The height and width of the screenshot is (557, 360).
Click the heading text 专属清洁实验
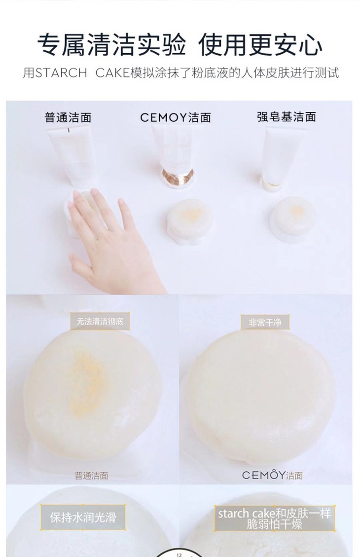[112, 45]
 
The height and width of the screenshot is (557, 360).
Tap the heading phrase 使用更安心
[260, 45]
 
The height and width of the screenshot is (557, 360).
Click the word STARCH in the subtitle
[61, 73]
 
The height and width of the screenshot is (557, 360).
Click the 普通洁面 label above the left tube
[68, 117]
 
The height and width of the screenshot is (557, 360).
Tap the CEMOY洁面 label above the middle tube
[176, 117]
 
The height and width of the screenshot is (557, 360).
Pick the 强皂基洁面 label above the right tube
[287, 116]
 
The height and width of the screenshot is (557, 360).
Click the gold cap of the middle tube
[178, 176]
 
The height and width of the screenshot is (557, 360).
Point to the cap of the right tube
[272, 182]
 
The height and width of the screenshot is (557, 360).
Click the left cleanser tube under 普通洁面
[68, 156]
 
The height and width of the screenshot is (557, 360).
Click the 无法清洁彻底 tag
[100, 321]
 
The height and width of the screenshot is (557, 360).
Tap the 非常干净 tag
[265, 322]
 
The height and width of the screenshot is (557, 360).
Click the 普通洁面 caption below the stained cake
[91, 476]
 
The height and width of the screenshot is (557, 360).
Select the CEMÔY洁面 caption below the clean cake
[273, 475]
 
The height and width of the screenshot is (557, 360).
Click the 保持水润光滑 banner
[83, 517]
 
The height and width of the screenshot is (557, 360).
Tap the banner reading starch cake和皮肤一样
[274, 518]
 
